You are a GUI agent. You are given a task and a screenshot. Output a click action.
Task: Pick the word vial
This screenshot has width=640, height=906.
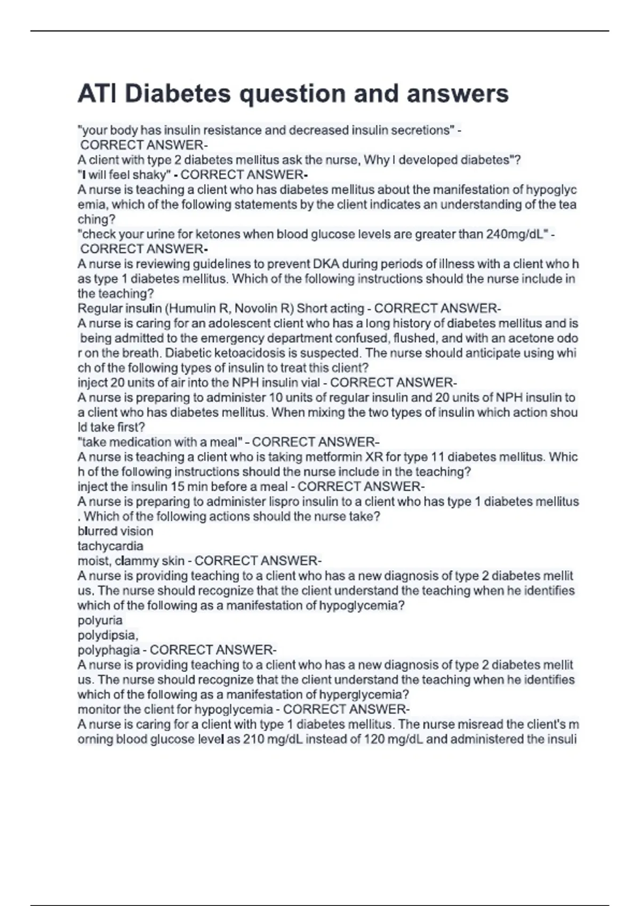coord(310,383)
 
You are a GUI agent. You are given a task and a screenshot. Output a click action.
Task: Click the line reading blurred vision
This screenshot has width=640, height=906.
coord(115,531)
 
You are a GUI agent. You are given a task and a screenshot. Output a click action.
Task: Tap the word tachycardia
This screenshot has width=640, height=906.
coord(110,546)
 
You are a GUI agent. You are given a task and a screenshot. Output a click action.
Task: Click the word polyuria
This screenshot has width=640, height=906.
coord(100,620)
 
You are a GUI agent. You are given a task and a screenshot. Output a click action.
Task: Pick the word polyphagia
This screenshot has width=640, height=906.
coord(109,650)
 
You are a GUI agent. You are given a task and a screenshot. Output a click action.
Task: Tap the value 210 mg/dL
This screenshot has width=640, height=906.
coord(273,740)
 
